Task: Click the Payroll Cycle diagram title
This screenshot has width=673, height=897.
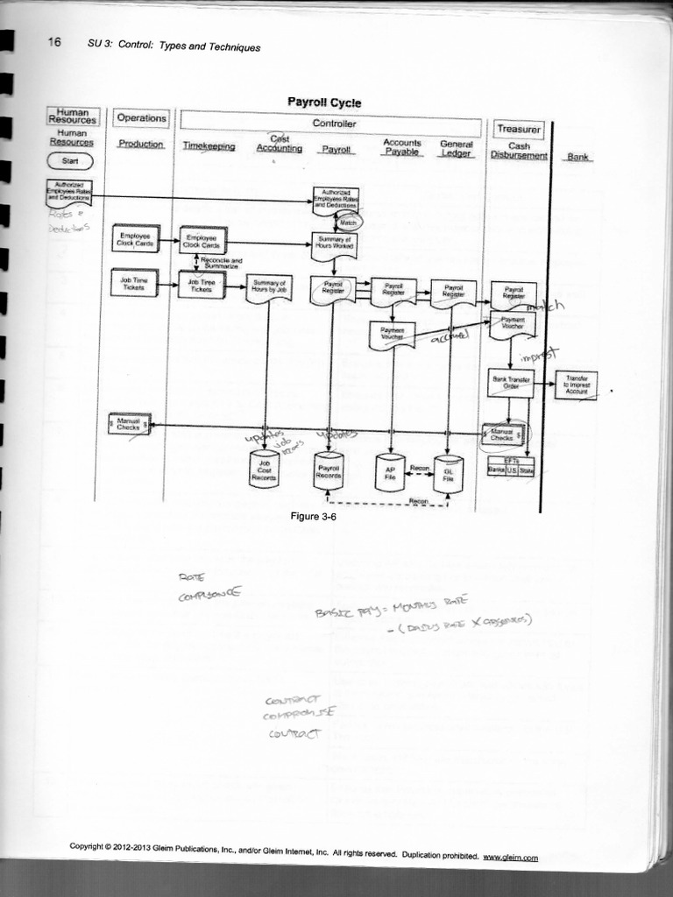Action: click(324, 102)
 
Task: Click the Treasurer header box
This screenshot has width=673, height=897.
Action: click(519, 129)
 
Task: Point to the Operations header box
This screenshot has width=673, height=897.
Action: click(142, 118)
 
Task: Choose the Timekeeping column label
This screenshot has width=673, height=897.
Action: click(209, 147)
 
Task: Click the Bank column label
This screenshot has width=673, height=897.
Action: click(578, 157)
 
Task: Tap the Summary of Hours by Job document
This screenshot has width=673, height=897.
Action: click(268, 287)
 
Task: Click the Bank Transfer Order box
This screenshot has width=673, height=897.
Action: click(510, 383)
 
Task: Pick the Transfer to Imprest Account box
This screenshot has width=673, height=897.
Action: click(576, 385)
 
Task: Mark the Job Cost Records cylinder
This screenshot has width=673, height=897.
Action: click(264, 470)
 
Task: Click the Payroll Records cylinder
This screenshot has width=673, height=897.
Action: click(329, 470)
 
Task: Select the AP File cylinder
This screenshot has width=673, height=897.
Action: click(390, 472)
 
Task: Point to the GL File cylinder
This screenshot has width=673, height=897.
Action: click(448, 474)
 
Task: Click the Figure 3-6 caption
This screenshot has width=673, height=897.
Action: click(314, 517)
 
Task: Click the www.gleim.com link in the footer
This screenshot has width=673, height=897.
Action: click(510, 858)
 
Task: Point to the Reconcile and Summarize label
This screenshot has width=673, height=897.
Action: click(222, 262)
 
